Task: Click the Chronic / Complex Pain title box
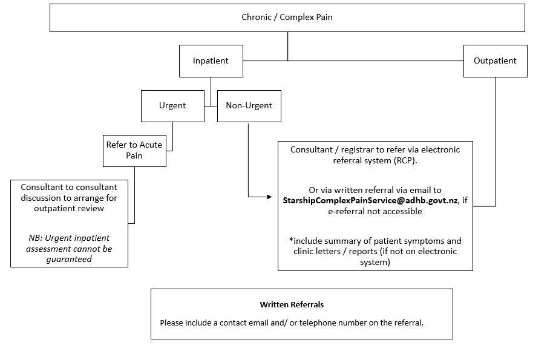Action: click(287, 18)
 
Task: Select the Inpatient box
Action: click(211, 61)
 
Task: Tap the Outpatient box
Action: click(495, 61)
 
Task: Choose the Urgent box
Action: click(172, 106)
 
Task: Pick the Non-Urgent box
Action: click(249, 106)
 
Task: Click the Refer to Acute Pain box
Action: click(134, 150)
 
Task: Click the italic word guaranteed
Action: click(69, 259)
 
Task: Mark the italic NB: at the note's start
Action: click(37, 238)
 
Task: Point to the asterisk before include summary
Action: click(291, 241)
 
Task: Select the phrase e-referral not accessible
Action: click(375, 211)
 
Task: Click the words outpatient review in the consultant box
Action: click(69, 208)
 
